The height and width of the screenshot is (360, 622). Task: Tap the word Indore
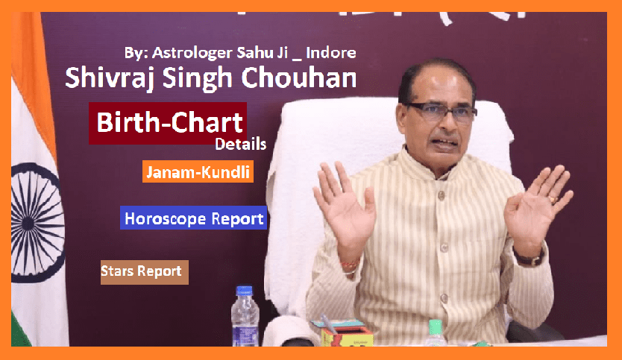tap(331, 53)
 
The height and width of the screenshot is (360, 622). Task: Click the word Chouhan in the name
tap(299, 77)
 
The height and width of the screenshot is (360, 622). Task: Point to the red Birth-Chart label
tap(168, 123)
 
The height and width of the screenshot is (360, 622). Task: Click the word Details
tap(240, 144)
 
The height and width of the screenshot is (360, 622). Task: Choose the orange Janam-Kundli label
tap(198, 171)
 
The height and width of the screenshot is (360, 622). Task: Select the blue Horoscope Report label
tap(194, 218)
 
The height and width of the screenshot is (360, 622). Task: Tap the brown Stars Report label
tap(145, 272)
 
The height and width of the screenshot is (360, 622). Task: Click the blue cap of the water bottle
tap(244, 291)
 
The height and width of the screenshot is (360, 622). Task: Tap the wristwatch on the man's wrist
tap(530, 259)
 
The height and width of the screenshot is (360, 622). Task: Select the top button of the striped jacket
tap(439, 195)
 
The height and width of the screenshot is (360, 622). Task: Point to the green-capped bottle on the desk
tap(436, 333)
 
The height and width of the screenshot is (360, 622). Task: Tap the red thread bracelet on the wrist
tap(350, 264)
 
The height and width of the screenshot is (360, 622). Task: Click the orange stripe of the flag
tap(34, 79)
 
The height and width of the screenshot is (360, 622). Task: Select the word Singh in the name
tap(198, 78)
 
